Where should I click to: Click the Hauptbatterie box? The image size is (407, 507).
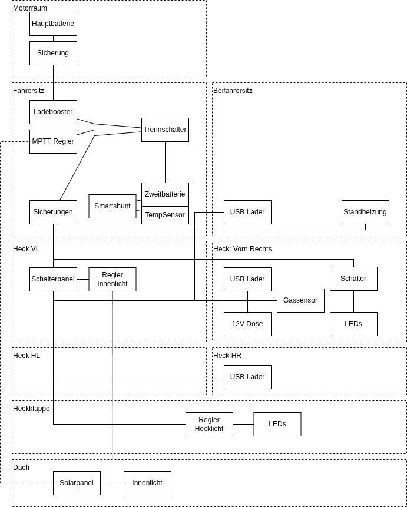[54, 24]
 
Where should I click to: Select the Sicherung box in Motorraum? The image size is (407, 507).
[54, 53]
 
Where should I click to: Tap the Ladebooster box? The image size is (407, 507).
[54, 112]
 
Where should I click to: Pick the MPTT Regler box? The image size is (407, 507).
[54, 141]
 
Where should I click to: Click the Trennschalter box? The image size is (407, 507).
[165, 130]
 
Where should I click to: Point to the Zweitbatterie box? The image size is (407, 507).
[165, 194]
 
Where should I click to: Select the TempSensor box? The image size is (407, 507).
[165, 215]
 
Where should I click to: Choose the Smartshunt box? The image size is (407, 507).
[112, 206]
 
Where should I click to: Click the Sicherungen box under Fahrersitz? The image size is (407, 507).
[54, 212]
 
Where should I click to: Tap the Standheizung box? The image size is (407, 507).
[365, 212]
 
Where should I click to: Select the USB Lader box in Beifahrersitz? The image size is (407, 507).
[247, 212]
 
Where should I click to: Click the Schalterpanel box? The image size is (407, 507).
[54, 279]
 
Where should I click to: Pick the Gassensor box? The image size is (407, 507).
[300, 300]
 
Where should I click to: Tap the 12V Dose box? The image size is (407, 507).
[247, 324]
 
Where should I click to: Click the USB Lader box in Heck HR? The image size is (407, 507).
[247, 377]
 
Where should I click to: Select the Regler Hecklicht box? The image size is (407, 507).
[209, 424]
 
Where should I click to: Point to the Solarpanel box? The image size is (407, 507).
[77, 483]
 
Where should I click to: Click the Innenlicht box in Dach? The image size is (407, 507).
[147, 483]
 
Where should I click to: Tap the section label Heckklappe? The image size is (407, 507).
[31, 409]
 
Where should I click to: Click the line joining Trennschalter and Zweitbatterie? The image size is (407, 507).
[166, 162]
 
